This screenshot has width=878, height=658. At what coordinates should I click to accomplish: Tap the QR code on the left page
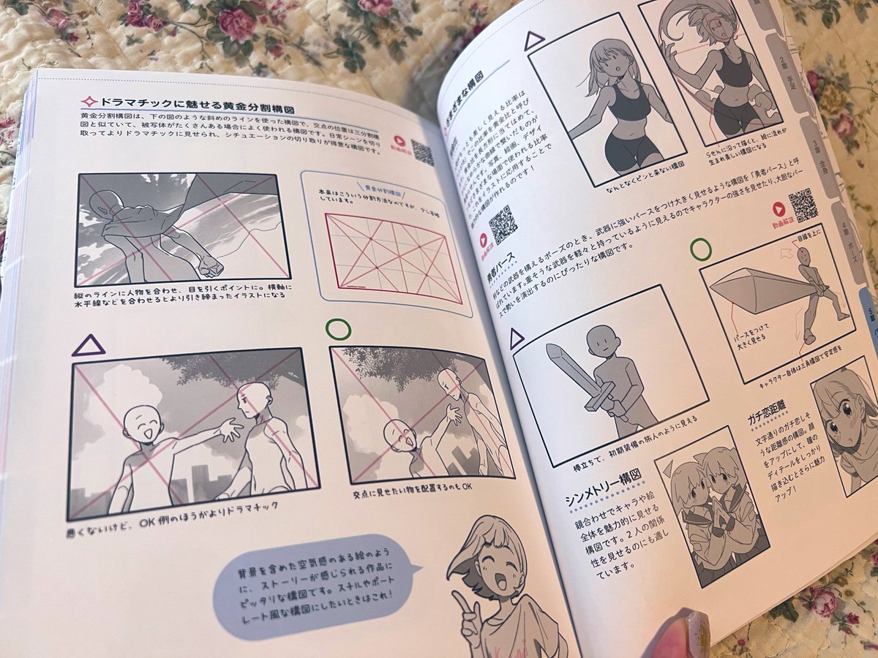(x=423, y=152)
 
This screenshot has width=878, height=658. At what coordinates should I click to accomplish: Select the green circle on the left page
(x=338, y=329)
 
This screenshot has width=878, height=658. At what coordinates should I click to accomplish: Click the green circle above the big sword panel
(x=700, y=249)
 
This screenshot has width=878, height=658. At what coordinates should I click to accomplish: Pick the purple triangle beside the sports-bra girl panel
(x=535, y=41)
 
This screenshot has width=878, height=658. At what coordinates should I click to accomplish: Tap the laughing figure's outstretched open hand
(x=231, y=429)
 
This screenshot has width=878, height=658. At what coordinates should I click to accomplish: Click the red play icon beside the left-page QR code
(x=400, y=141)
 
